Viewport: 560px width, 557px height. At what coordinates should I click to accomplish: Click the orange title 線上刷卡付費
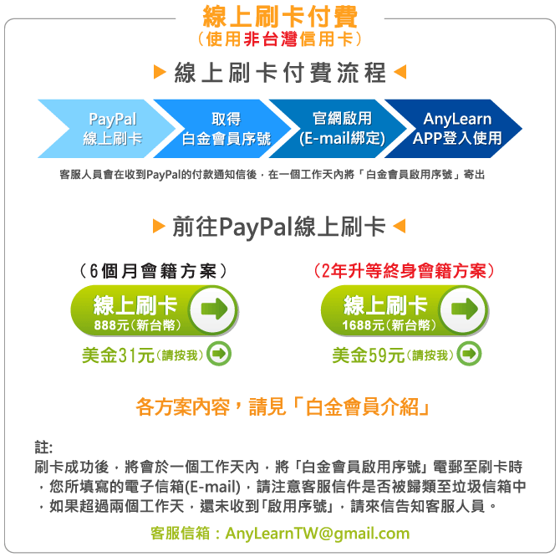280,17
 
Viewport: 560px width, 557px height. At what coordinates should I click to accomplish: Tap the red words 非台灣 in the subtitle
270,39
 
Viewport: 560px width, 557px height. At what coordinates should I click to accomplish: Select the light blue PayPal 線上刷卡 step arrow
107,129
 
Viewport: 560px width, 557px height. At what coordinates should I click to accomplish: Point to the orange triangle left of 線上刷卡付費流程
160,72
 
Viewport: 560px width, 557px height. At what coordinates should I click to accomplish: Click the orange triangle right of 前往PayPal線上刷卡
400,226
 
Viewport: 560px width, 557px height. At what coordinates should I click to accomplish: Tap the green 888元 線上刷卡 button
155,310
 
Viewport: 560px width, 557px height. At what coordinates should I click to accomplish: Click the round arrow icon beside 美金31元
219,354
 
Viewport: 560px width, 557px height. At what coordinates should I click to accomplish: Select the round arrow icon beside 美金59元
469,354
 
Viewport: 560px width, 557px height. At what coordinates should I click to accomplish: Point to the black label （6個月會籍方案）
153,271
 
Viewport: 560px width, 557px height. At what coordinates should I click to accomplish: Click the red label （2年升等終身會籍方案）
405,271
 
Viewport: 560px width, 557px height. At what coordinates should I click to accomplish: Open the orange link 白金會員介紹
362,407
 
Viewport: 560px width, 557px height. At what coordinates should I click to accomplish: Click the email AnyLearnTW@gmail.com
317,533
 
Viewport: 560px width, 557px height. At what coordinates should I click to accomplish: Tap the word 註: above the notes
43,447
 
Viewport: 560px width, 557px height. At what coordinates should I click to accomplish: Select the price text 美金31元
118,355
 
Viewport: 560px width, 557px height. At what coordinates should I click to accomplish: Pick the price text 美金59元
369,355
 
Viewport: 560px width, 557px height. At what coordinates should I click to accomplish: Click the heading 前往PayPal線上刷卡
279,227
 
